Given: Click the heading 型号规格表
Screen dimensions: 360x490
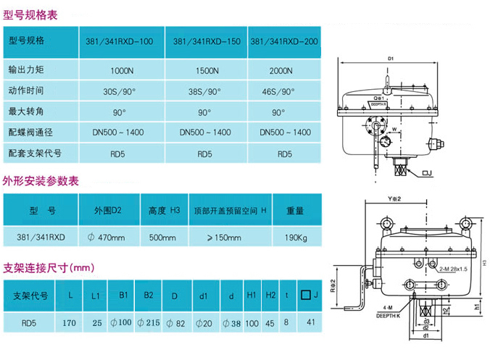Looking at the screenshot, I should click(30, 15).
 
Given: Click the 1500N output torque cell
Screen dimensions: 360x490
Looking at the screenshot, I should click(207, 71).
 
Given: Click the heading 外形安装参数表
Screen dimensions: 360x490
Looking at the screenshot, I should click(41, 181).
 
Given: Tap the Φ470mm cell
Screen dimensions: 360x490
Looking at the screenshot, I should click(106, 237).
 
